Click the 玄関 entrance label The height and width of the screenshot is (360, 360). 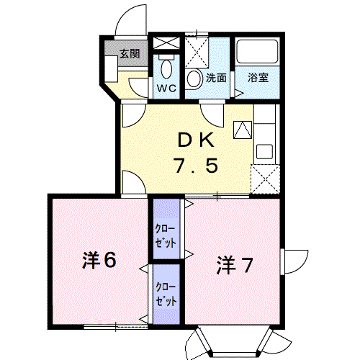pyautogui.click(x=130, y=53)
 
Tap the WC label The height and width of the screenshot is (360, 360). pyautogui.click(x=166, y=88)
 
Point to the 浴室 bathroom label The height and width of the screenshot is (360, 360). pyautogui.click(x=258, y=76)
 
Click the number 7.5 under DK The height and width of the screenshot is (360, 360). pyautogui.click(x=194, y=167)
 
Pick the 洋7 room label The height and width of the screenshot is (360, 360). pyautogui.click(x=235, y=266)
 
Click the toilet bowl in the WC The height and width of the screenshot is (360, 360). pyautogui.click(x=167, y=70)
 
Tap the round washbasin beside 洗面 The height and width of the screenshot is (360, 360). pyautogui.click(x=194, y=78)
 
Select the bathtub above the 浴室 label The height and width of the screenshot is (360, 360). pyautogui.click(x=258, y=53)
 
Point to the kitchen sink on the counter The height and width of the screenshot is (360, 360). pyautogui.click(x=264, y=152)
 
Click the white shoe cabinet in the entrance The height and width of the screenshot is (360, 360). pyautogui.click(x=112, y=71)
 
